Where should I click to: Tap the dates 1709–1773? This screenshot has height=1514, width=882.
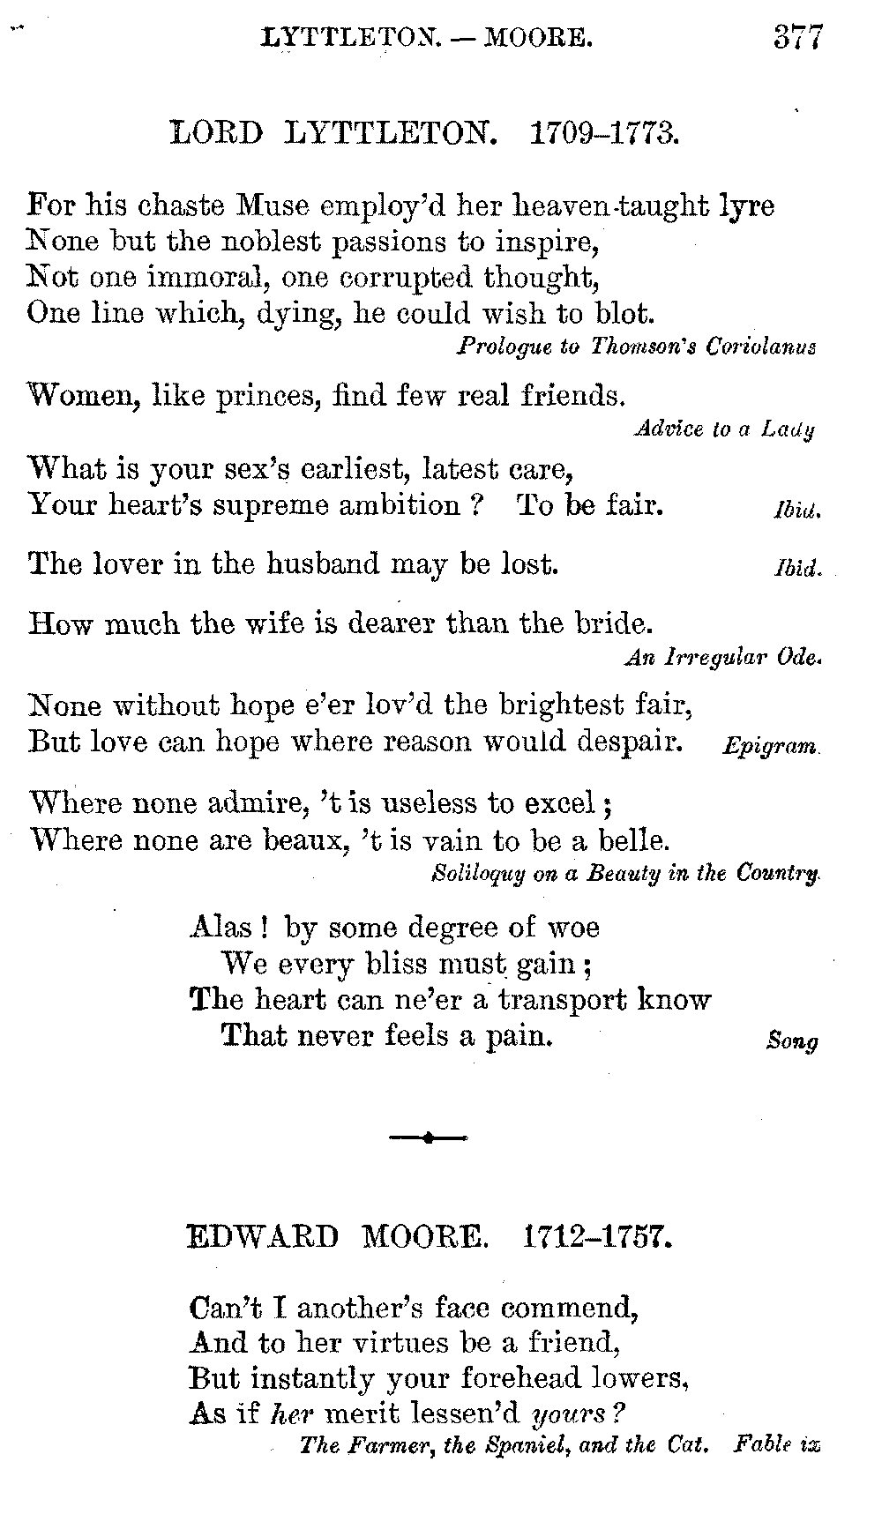pos(603,133)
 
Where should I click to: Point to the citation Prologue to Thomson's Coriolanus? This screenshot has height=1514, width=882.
pos(636,347)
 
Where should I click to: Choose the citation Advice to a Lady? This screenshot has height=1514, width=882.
pos(724,429)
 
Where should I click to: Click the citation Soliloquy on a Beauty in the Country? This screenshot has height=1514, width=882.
pos(627,874)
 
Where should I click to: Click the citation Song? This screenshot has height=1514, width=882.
pos(792,1041)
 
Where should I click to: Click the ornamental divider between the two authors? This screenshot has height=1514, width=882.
pos(429,1137)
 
